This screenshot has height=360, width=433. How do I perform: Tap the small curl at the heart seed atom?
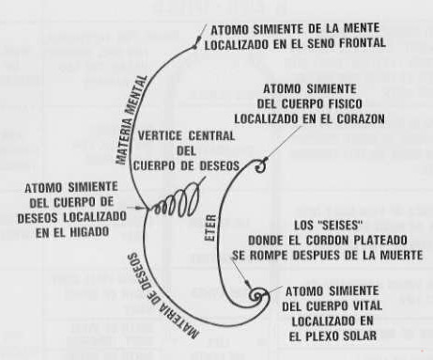click(260, 167)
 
